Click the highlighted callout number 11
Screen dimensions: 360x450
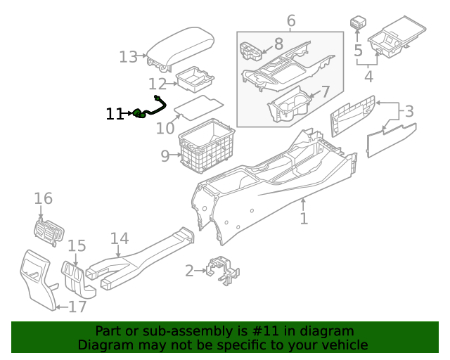pos(115,114)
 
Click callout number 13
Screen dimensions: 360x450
pos(128,56)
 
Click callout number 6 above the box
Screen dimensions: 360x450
pos(290,22)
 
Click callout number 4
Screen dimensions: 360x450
pos(368,75)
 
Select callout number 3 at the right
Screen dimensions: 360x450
pos(408,110)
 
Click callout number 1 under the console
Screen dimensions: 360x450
pos(304,219)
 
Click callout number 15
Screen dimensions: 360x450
pos(77,245)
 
